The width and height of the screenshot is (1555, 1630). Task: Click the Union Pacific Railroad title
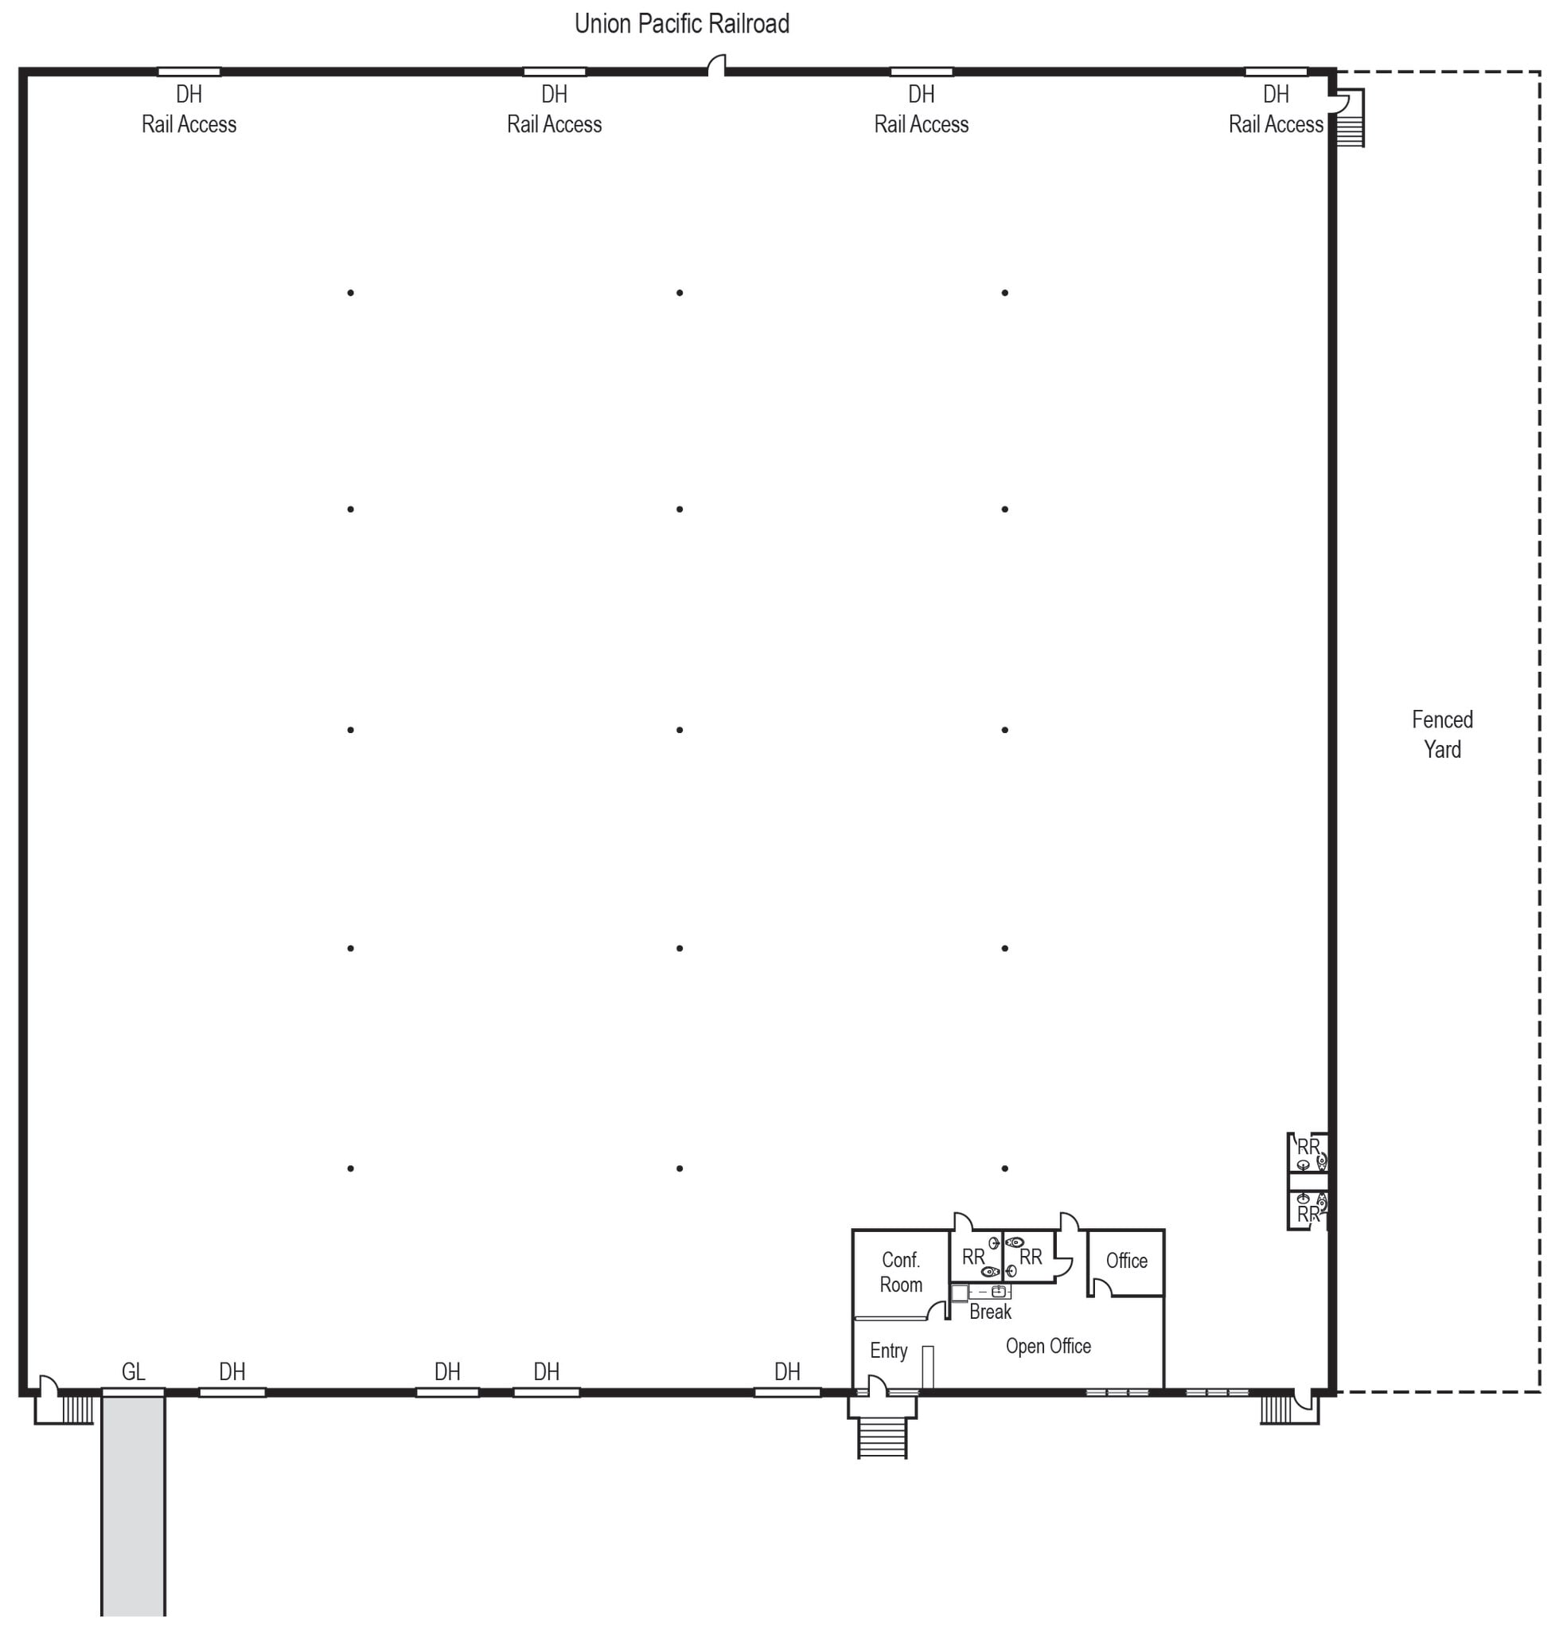point(681,24)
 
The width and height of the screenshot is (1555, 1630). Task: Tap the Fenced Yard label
point(1442,734)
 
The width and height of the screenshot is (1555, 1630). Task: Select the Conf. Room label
point(901,1272)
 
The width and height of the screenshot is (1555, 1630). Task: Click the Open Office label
point(1048,1346)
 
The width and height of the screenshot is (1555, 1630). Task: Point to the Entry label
point(889,1351)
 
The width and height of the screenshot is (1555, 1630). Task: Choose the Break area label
point(991,1312)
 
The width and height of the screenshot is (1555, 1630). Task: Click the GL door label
point(134,1371)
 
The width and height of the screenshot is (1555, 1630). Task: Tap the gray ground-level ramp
point(134,1506)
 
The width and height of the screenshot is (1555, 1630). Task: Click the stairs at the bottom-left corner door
point(77,1410)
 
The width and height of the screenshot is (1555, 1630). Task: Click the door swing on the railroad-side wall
point(717,64)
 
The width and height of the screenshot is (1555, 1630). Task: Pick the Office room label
point(1127,1260)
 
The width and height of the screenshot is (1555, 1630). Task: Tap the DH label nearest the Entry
point(787,1371)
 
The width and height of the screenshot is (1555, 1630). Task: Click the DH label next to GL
point(232,1371)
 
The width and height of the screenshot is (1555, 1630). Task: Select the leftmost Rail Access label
point(189,124)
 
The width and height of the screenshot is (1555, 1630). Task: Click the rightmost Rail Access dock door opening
point(1276,72)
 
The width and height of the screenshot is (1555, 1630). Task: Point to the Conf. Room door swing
point(937,1310)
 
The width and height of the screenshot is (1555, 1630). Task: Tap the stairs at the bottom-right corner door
point(1276,1410)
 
